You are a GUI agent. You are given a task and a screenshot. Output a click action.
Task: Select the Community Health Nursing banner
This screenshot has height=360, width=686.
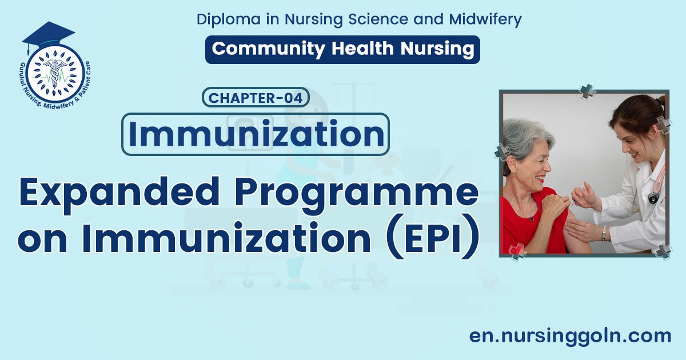[342, 49]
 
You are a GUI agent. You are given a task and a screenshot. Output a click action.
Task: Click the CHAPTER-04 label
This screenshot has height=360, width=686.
[256, 98]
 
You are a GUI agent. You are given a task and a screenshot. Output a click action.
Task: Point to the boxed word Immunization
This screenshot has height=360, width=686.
[255, 134]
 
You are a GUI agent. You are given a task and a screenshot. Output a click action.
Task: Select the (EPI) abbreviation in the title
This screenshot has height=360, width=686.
[434, 239]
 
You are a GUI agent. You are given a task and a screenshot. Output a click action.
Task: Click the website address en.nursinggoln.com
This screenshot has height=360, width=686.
[570, 335]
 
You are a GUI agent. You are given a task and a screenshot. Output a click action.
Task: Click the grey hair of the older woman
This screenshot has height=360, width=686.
[526, 137]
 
